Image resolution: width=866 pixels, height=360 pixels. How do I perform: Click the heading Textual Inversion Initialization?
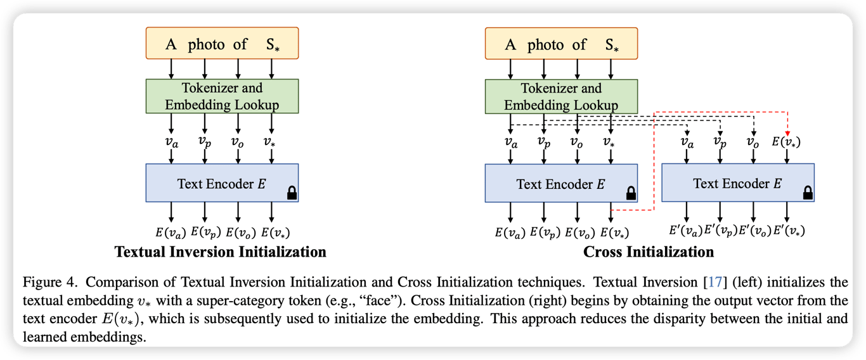click(220, 252)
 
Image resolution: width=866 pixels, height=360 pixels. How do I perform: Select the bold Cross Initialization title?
click(649, 252)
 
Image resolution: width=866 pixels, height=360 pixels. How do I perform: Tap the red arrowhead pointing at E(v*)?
click(787, 133)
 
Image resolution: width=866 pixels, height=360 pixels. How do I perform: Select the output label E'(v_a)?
click(686, 231)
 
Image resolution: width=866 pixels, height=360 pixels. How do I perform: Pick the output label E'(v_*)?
click(789, 231)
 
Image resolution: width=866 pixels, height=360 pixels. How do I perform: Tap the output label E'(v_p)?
click(721, 231)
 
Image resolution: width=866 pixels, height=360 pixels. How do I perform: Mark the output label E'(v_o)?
click(755, 231)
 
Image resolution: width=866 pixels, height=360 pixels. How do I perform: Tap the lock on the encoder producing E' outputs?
click(808, 193)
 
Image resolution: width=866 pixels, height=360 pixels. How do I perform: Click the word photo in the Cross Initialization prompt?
click(545, 45)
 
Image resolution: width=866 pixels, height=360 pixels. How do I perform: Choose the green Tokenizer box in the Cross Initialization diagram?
click(561, 97)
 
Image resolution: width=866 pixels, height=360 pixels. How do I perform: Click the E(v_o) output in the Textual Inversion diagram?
click(239, 233)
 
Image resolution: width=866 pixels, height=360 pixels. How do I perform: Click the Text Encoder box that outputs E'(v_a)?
click(737, 184)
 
